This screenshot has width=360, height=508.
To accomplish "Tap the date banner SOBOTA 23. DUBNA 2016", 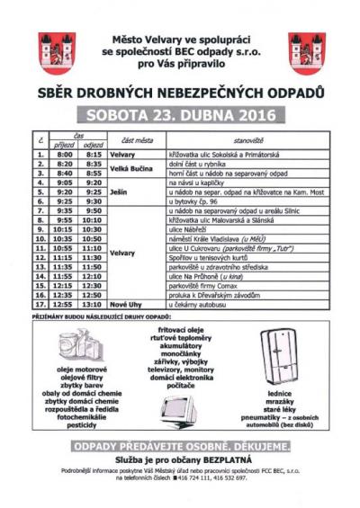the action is pos(180,115).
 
